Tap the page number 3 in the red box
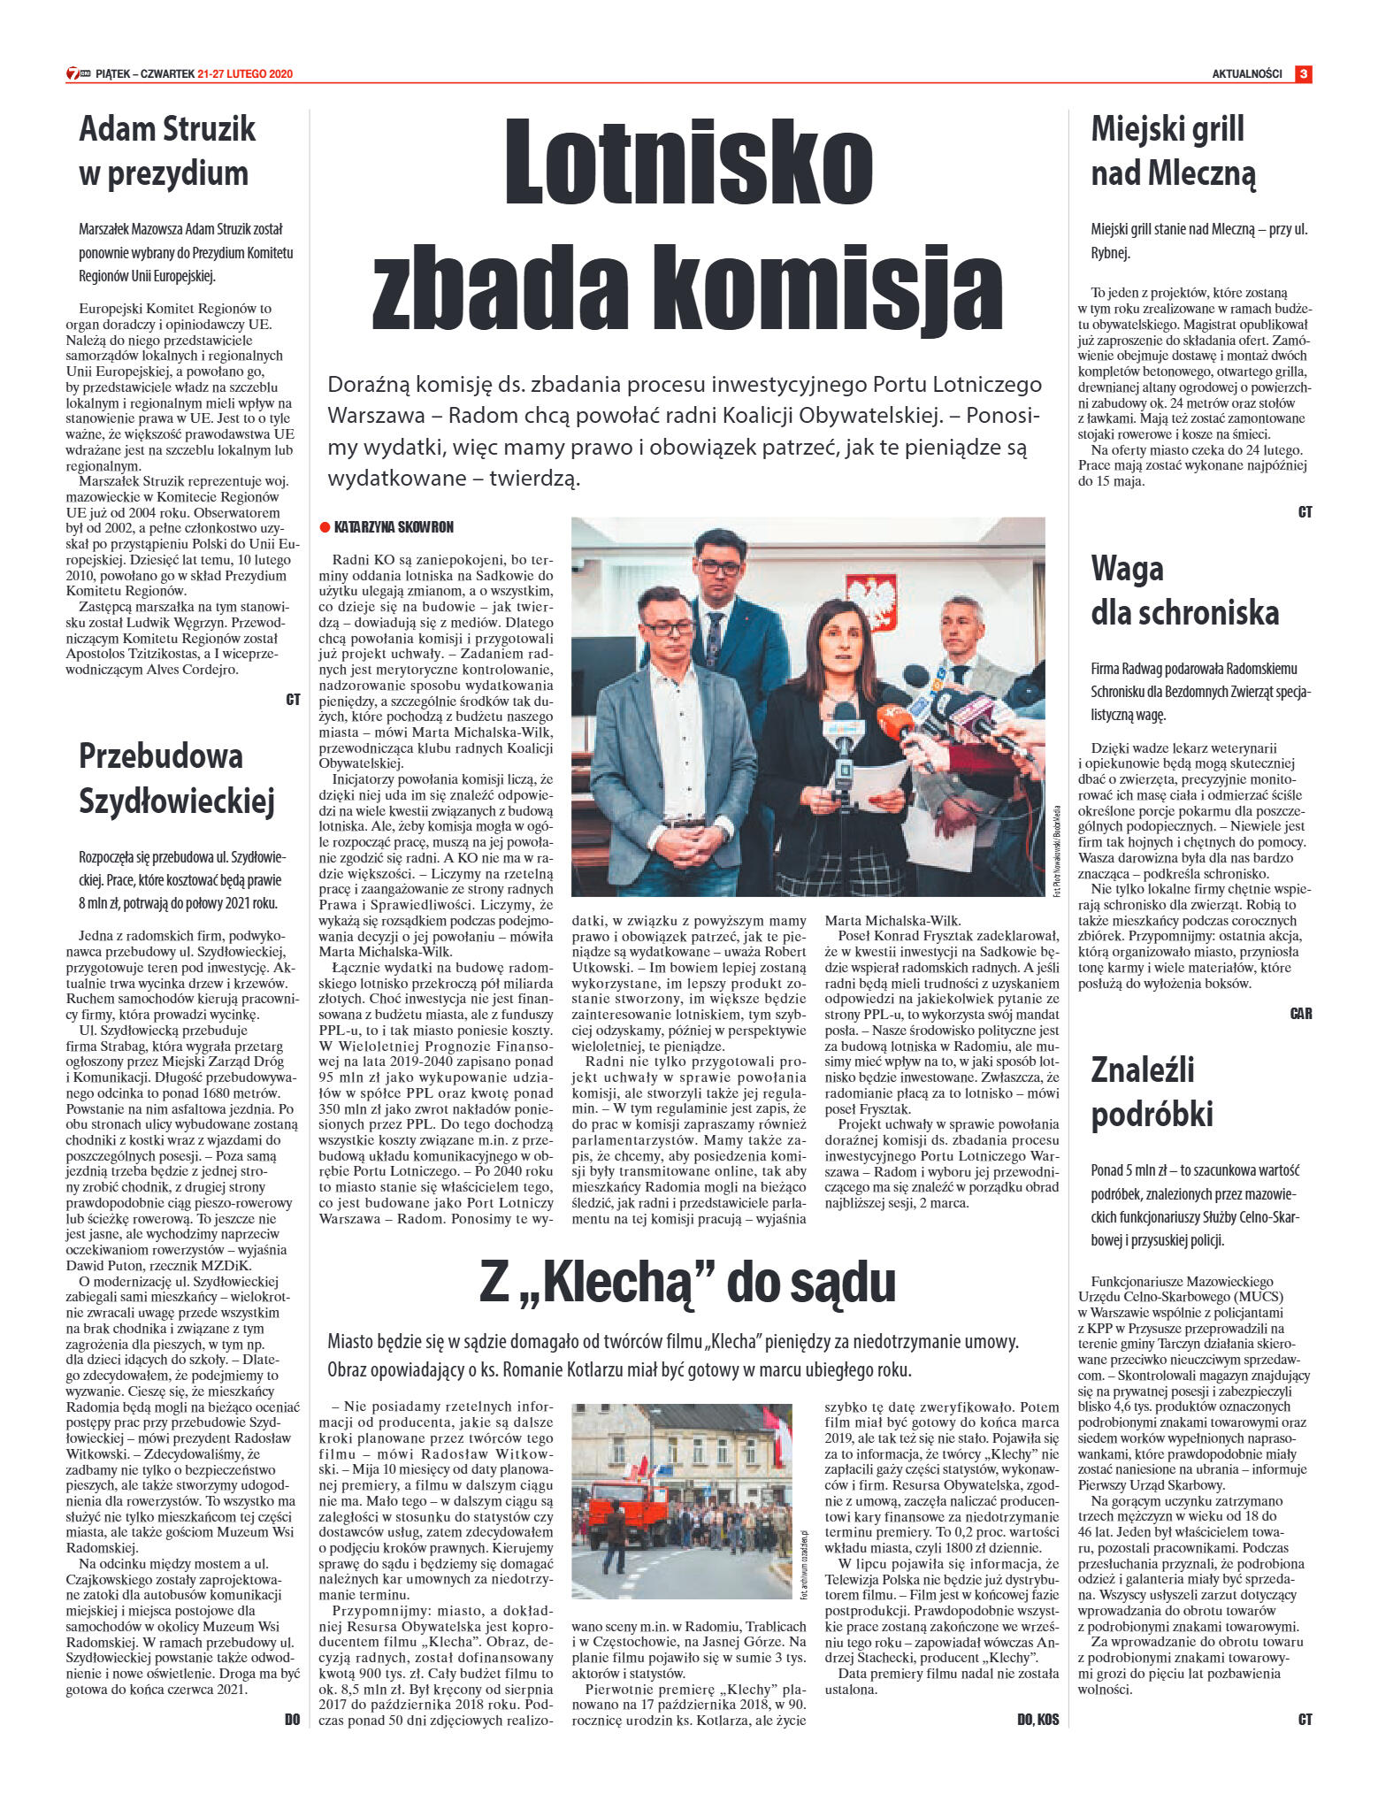pyautogui.click(x=1303, y=74)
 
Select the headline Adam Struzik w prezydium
pyautogui.click(x=167, y=150)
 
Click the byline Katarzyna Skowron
pyautogui.click(x=394, y=527)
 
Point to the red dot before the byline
pyautogui.click(x=325, y=527)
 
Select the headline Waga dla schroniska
pyautogui.click(x=1184, y=590)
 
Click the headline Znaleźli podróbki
pyautogui.click(x=1151, y=1091)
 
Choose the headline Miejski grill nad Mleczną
pyautogui.click(x=1173, y=150)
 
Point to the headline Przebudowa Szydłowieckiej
pyautogui.click(x=177, y=778)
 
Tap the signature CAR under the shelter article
pyautogui.click(x=1300, y=1014)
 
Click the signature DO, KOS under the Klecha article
pyautogui.click(x=1037, y=1720)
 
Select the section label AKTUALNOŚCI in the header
pyautogui.click(x=1246, y=74)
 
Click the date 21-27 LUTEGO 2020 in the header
pyautogui.click(x=245, y=74)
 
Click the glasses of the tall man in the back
pyautogui.click(x=718, y=565)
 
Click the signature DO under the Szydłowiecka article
pyautogui.click(x=292, y=1720)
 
